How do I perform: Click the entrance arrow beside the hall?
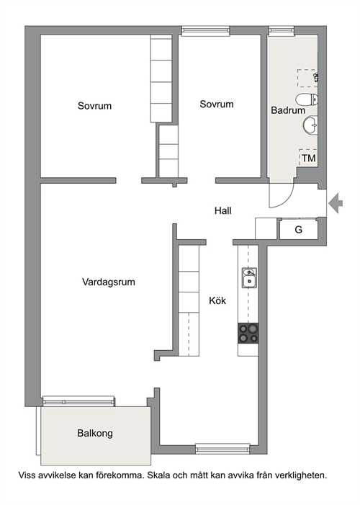pos(336,203)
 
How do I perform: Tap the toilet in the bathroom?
pos(306,99)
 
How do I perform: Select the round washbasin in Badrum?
pos(310,125)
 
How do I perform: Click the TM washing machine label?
pos(308,158)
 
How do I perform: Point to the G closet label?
pos(299,230)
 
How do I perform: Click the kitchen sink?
pos(249,277)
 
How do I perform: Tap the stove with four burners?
pos(248,334)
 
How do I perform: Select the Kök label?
pos(217,300)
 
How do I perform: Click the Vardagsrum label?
pos(109,282)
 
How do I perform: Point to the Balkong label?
pos(95,433)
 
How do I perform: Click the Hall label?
pos(222,210)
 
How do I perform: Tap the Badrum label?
pos(288,110)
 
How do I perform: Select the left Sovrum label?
pos(94,106)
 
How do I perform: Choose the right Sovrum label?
pos(217,104)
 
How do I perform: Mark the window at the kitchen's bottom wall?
pos(222,448)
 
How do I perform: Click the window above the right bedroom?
pos(205,31)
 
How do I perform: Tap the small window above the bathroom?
pos(282,30)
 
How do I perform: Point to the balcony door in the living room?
pos(79,401)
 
